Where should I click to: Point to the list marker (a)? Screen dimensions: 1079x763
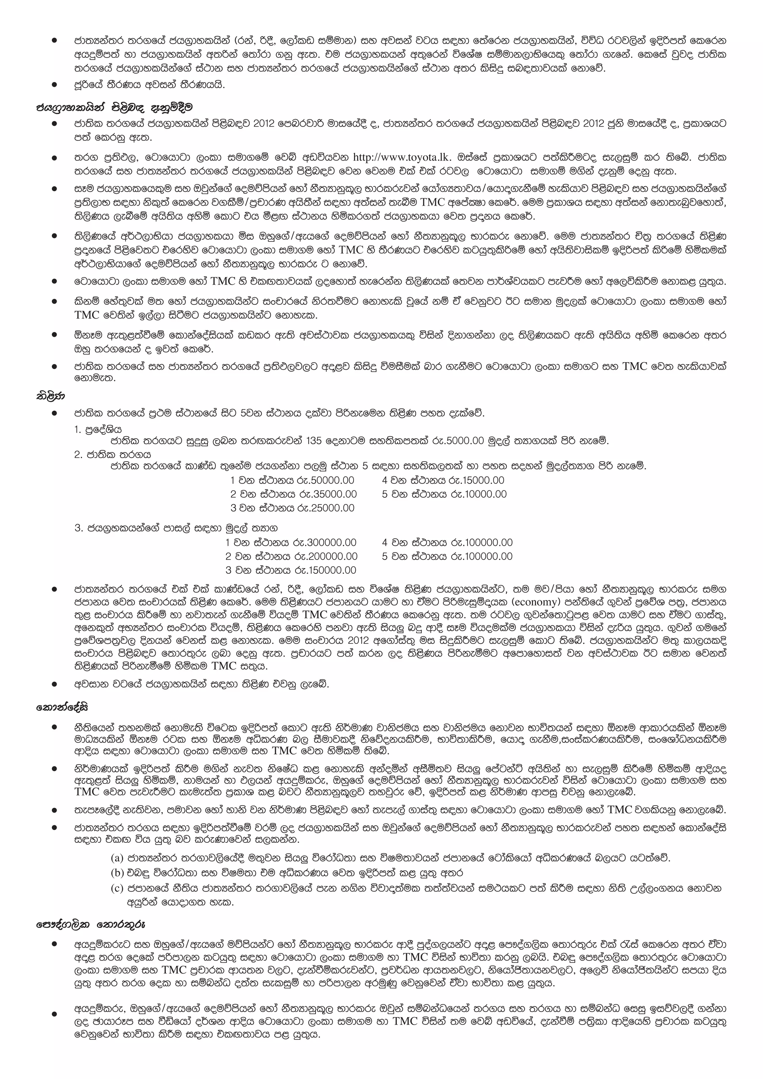point(117,858)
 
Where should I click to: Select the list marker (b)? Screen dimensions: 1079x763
point(117,873)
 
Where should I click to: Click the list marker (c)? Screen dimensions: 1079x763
point(117,888)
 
